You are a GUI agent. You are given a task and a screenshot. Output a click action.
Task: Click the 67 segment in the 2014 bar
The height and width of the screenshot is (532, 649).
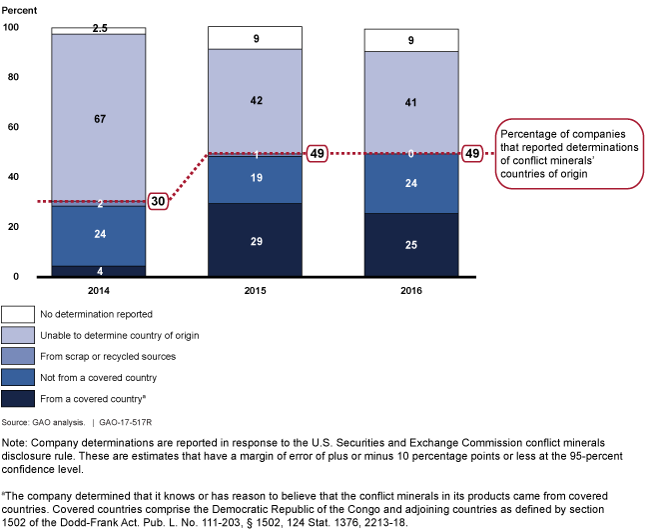coord(99,119)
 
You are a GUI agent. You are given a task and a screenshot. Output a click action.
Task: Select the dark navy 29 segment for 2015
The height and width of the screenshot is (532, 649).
coord(255,240)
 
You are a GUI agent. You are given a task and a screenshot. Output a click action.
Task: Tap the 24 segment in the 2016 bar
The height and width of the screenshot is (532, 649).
coord(411,184)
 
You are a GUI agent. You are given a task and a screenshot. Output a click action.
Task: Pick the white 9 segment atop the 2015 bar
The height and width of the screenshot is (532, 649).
coord(255,38)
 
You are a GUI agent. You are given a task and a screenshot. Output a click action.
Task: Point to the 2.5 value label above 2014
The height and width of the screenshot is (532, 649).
coord(100,28)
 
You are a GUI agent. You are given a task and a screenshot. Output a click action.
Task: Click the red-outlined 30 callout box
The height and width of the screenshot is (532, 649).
coord(158,202)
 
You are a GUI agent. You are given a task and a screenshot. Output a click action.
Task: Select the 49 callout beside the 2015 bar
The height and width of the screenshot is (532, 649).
coord(318,154)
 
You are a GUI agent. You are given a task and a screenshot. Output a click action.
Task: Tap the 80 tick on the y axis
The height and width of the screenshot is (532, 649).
coord(13,77)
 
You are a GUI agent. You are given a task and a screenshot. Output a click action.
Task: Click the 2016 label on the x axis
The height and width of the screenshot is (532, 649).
coord(411,291)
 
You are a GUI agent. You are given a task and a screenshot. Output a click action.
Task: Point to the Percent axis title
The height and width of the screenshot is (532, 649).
coord(19,11)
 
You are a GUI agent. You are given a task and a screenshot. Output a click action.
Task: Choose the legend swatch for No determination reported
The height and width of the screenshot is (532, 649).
coord(18,314)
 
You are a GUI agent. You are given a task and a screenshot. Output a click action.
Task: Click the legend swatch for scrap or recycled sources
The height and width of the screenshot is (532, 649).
coord(18,357)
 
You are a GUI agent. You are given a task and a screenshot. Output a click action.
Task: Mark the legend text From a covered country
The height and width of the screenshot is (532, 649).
coord(93,399)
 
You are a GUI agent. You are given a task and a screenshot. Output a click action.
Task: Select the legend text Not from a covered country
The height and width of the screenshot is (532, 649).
coord(99,378)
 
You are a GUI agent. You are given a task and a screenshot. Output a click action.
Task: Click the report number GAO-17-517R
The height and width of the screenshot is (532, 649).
coord(126,423)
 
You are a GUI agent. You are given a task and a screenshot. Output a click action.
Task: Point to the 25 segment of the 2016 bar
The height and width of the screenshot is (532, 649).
coord(411,245)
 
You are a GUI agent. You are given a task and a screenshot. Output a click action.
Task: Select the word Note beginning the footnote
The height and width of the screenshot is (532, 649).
coord(14,443)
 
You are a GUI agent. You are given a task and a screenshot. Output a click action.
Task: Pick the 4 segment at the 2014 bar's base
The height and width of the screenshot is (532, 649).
coord(99,271)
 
